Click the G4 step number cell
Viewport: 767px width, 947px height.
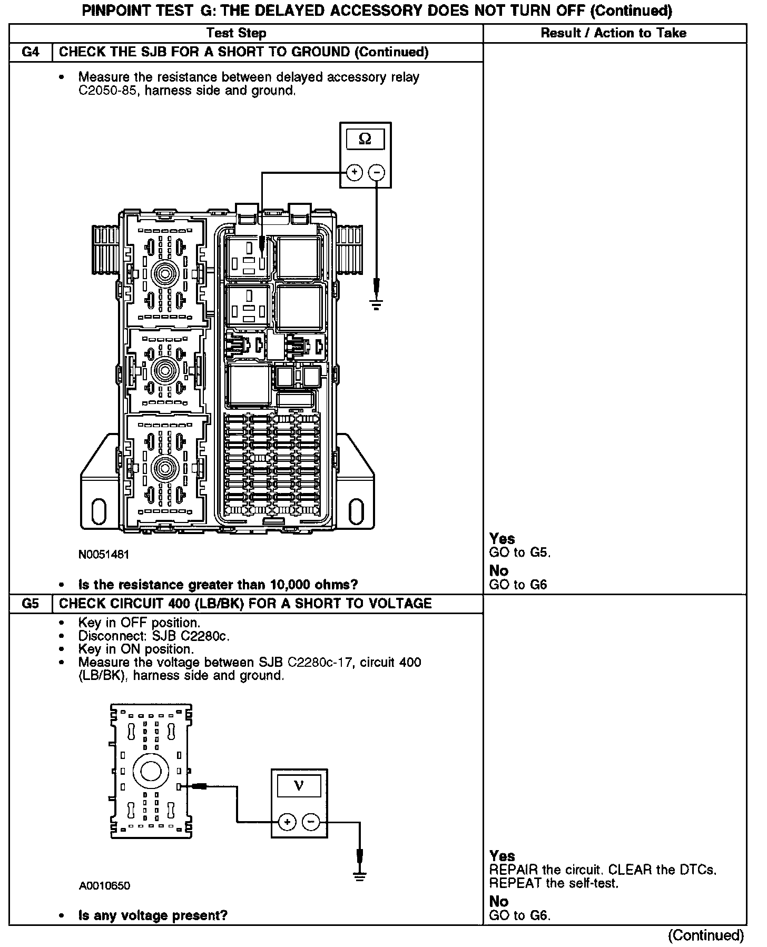click(31, 52)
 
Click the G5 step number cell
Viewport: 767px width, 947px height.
click(31, 604)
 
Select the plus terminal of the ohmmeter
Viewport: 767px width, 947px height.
click(355, 172)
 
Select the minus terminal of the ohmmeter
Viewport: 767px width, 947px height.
click(376, 172)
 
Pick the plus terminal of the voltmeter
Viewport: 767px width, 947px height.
click(287, 821)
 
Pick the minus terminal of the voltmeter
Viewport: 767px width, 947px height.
click(311, 821)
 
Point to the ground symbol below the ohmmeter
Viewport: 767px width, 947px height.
click(376, 303)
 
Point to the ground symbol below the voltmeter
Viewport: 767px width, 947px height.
click(360, 875)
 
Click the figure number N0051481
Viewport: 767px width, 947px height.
click(104, 554)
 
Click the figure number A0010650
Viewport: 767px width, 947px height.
click(104, 885)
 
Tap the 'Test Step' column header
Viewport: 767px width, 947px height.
click(237, 33)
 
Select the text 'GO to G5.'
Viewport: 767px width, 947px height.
click(520, 553)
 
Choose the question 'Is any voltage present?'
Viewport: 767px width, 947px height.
click(153, 915)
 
